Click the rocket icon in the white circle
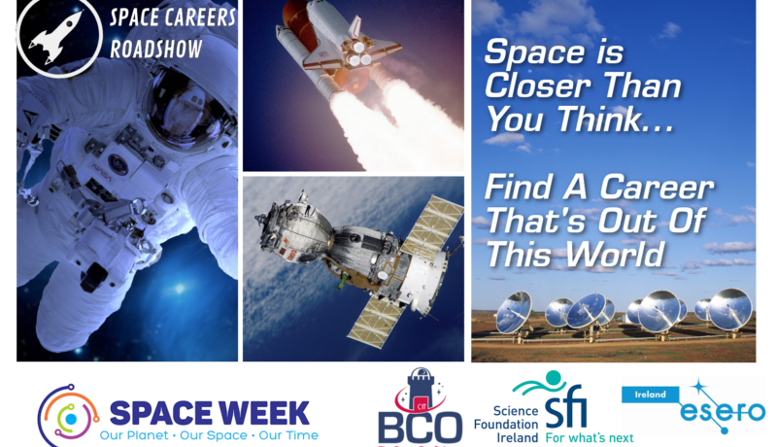pyautogui.click(x=56, y=37)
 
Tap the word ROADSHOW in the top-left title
pyautogui.click(x=156, y=49)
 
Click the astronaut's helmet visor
pyautogui.click(x=186, y=110)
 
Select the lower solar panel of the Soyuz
pyautogui.click(x=378, y=319)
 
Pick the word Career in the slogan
pyautogui.click(x=657, y=188)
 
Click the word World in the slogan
pyautogui.click(x=615, y=255)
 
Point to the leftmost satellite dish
pyautogui.click(x=514, y=313)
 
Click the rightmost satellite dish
pyautogui.click(x=728, y=311)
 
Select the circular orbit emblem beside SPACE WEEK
pyautogui.click(x=68, y=416)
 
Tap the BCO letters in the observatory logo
pyautogui.click(x=420, y=429)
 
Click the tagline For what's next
pyautogui.click(x=590, y=438)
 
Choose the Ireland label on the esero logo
pyautogui.click(x=650, y=395)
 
